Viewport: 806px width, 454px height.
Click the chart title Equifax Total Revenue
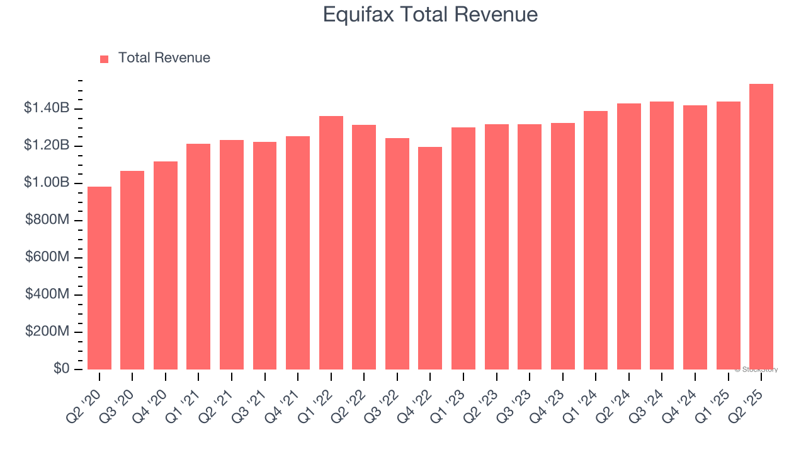coord(430,15)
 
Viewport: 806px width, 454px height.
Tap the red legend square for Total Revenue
coord(105,59)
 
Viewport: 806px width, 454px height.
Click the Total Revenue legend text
coord(164,58)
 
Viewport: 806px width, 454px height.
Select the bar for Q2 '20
coord(99,278)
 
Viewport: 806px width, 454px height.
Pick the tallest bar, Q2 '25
coord(761,227)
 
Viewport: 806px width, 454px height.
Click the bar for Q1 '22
coord(331,243)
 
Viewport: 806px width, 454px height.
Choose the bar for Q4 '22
coord(430,259)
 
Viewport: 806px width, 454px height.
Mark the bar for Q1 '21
coord(198,257)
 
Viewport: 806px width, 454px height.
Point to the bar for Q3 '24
coord(662,236)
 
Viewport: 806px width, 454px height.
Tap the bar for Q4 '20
coord(166,265)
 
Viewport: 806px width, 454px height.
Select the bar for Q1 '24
coord(596,240)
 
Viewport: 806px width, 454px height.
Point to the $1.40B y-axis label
coord(47,108)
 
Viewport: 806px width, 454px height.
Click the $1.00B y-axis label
coord(47,183)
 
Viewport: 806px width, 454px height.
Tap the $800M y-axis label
coord(47,220)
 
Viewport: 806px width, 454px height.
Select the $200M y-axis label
coord(47,332)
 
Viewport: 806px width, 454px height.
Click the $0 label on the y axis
coord(61,369)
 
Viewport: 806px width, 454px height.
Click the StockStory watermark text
coord(756,370)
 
